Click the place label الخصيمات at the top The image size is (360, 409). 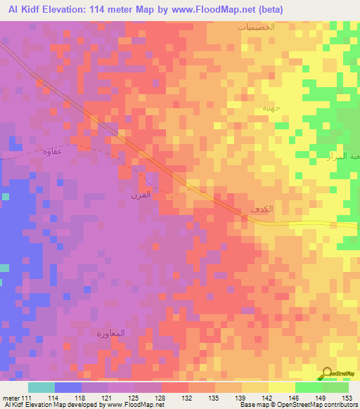click(255, 26)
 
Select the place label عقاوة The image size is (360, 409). click(53, 151)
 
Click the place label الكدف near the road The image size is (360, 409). click(260, 210)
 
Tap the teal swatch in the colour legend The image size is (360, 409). click(41, 387)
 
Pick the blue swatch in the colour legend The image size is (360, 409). click(68, 387)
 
